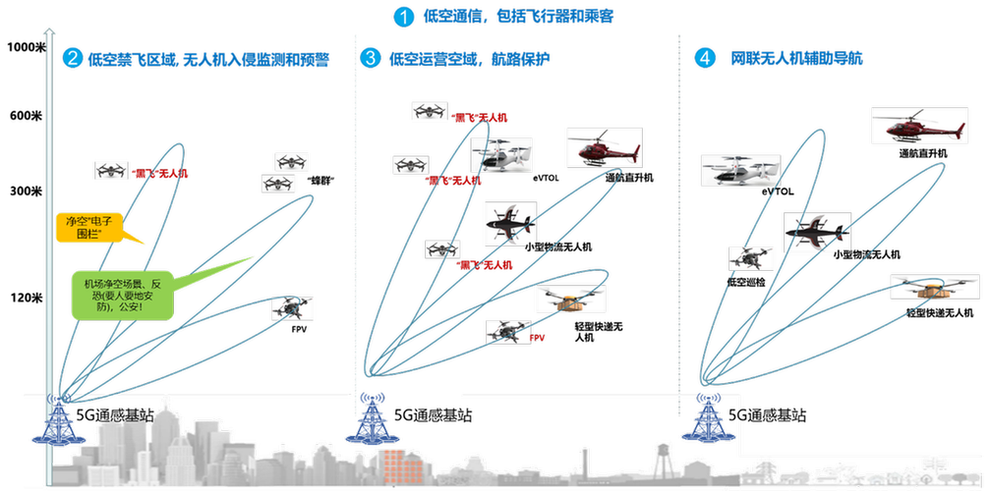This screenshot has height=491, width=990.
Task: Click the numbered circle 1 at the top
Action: coord(403,17)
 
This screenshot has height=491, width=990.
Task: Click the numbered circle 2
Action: coord(72,58)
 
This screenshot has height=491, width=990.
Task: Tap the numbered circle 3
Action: coord(370,58)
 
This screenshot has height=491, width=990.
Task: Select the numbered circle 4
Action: coord(704,58)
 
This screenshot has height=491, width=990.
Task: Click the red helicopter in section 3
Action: coord(604,148)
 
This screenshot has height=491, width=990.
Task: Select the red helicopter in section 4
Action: coord(918,128)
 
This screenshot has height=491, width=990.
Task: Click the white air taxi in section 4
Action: coord(739,171)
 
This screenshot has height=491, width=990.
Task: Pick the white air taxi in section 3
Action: coord(501,154)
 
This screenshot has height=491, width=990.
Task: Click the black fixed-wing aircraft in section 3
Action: coord(509,223)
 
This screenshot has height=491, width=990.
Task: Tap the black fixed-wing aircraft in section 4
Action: coord(816,231)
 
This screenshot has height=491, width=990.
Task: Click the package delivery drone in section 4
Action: coord(921,287)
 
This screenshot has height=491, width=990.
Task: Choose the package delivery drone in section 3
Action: coord(561,300)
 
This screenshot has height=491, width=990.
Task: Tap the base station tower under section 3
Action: coord(370,420)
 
